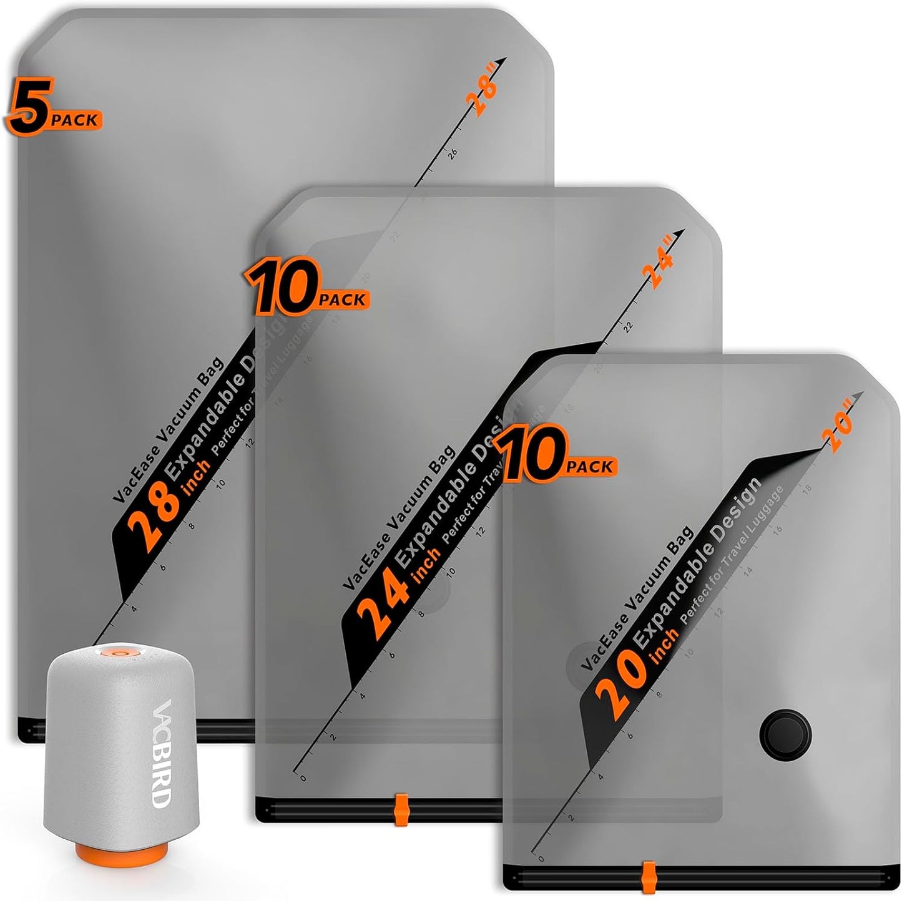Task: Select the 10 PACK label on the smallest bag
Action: tap(556, 459)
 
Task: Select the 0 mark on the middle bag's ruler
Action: tap(303, 778)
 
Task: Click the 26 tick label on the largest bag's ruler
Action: tap(453, 152)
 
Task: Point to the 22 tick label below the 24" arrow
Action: tap(629, 326)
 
